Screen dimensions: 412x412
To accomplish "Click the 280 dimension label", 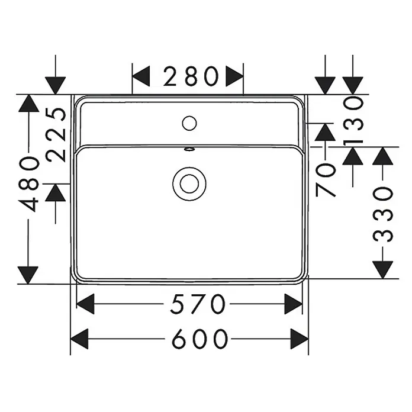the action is pyautogui.click(x=191, y=76).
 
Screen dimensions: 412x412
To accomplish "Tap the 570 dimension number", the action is pyautogui.click(x=198, y=304).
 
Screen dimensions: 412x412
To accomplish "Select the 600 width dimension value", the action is pyautogui.click(x=199, y=339).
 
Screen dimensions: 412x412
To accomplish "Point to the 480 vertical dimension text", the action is pyautogui.click(x=28, y=184).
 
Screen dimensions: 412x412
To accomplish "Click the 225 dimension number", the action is pyautogui.click(x=56, y=134).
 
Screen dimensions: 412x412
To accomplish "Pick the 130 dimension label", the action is pyautogui.click(x=353, y=121).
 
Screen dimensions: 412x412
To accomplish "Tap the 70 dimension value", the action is pyautogui.click(x=326, y=180).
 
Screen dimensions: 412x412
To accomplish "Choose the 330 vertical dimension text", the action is pyautogui.click(x=383, y=214).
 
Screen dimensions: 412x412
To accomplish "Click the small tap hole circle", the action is pyautogui.click(x=189, y=123).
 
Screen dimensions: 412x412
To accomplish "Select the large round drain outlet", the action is pyautogui.click(x=189, y=184).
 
